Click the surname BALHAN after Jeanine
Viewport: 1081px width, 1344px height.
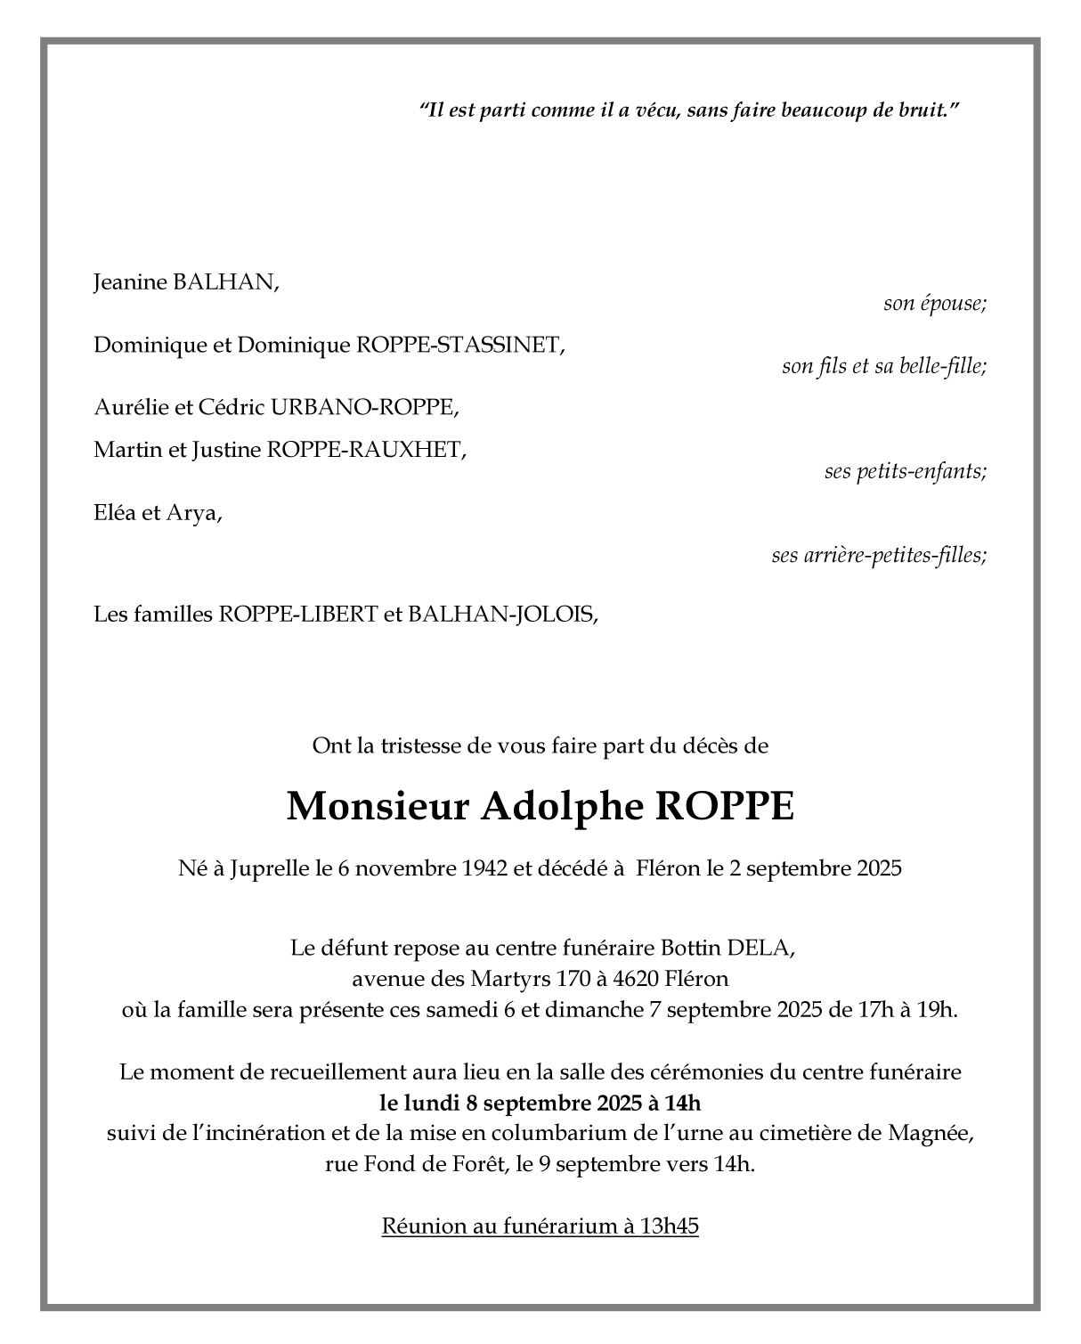(x=224, y=283)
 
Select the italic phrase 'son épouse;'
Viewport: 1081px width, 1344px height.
(x=934, y=304)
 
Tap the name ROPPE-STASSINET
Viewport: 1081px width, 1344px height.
(x=459, y=346)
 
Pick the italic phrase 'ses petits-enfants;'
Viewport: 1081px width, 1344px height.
(x=905, y=472)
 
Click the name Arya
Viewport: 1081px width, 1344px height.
(x=195, y=514)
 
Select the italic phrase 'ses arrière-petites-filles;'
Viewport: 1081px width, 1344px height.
(x=879, y=557)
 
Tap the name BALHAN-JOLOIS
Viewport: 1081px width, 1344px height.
(x=502, y=615)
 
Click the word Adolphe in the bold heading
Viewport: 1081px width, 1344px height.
(x=562, y=807)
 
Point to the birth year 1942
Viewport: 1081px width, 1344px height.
(x=485, y=868)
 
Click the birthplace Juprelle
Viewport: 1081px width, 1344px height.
(x=270, y=868)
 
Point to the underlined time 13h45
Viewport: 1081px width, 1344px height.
(x=669, y=1226)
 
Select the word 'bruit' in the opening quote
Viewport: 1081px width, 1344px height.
(x=922, y=110)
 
